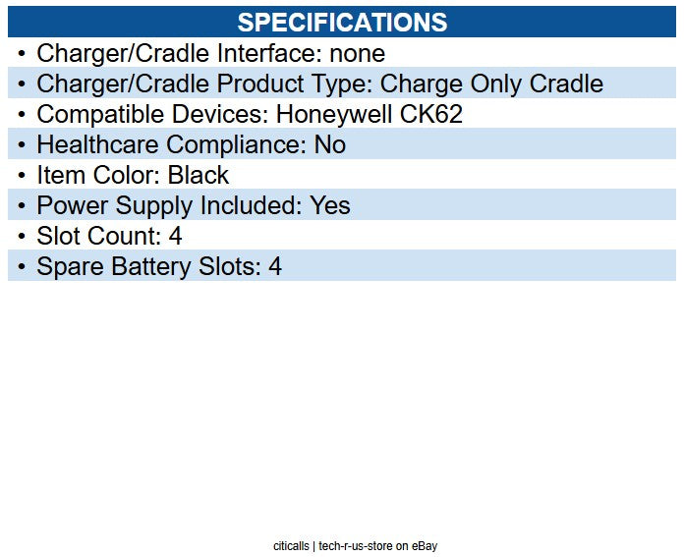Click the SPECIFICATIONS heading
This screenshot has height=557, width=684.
pyautogui.click(x=342, y=23)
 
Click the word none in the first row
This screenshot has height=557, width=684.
pyautogui.click(x=358, y=53)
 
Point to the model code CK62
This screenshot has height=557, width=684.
pyautogui.click(x=430, y=114)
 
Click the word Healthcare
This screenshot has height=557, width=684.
pyautogui.click(x=98, y=144)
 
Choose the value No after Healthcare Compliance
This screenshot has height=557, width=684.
pyautogui.click(x=330, y=144)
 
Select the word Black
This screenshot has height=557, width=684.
pyautogui.click(x=199, y=175)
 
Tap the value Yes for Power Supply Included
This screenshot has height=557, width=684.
pyautogui.click(x=330, y=205)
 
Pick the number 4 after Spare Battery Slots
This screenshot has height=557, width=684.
pyautogui.click(x=275, y=266)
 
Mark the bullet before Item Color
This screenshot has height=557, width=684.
pyautogui.click(x=22, y=175)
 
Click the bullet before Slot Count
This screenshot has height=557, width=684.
pyautogui.click(x=22, y=236)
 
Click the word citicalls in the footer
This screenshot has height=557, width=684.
pyautogui.click(x=292, y=545)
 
